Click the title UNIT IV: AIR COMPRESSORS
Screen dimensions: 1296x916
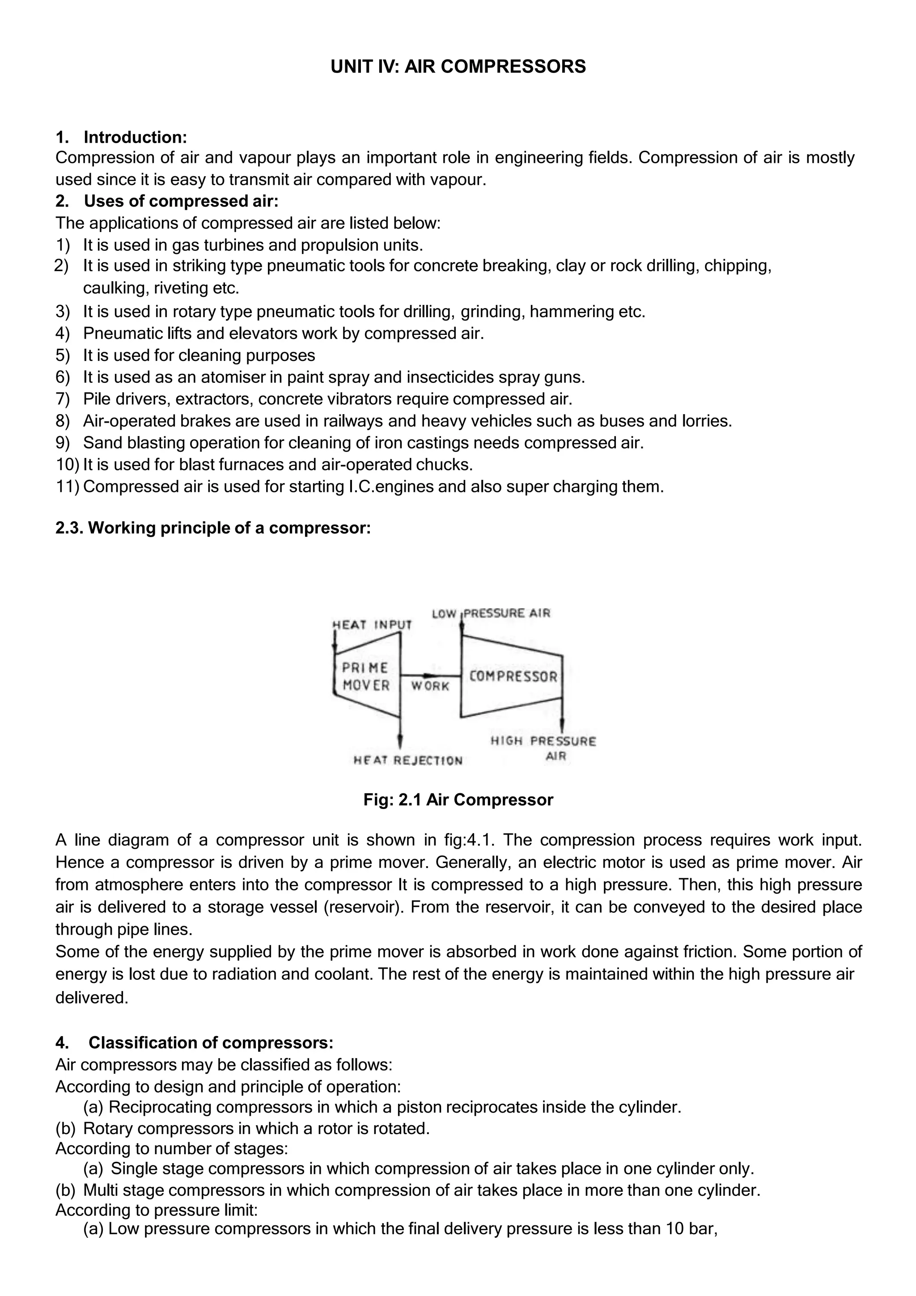[x=458, y=67]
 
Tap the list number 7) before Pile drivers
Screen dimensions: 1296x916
[x=62, y=399]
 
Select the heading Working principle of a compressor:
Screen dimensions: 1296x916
[x=229, y=528]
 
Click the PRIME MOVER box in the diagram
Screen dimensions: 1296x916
[x=366, y=676]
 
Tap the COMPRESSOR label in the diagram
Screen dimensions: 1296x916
[x=513, y=676]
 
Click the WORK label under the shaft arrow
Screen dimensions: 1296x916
[x=430, y=686]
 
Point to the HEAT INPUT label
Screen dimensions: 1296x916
[x=372, y=624]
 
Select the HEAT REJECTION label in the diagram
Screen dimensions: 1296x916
[x=407, y=760]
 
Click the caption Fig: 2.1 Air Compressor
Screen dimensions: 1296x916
[x=458, y=800]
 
